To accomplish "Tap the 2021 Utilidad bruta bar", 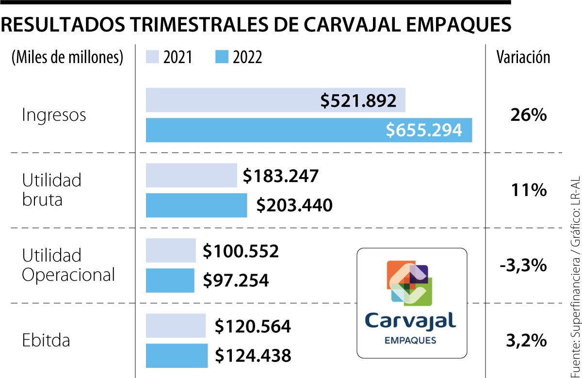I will (191, 175).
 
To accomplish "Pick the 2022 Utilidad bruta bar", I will (196, 205).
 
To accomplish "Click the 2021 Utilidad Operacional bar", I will (170, 251).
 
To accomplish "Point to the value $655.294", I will (424, 130).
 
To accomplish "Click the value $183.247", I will (281, 176).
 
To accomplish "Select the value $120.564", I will (253, 326).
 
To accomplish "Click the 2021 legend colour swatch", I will (152, 58).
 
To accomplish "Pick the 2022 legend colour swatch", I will (221, 58).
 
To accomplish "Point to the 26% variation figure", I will (528, 115).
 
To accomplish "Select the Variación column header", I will (523, 57).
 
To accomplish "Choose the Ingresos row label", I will (54, 115).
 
